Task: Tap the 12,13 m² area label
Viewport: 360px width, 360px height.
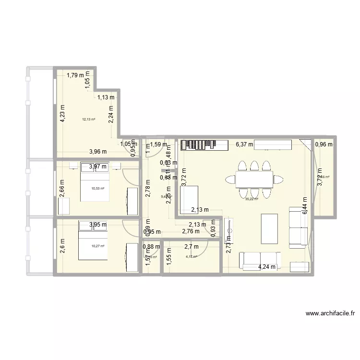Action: coord(88,120)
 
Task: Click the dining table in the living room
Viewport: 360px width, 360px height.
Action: coord(254,180)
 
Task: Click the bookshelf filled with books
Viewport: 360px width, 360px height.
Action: coord(204,144)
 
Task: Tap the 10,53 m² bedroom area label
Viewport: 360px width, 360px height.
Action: coord(97,189)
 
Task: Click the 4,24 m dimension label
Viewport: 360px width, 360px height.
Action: coord(267,267)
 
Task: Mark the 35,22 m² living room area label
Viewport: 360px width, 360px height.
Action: coord(252,199)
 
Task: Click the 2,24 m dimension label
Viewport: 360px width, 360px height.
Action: coord(111,115)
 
